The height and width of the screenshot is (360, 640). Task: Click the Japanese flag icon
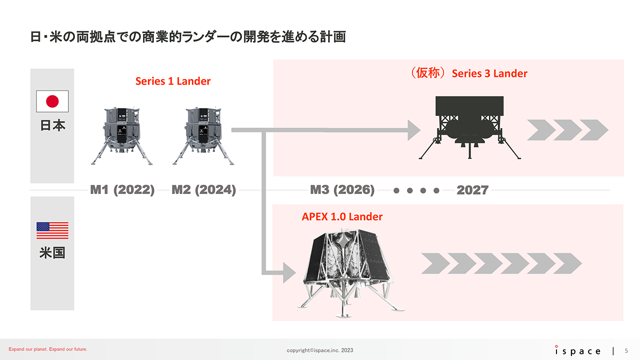[x=52, y=101]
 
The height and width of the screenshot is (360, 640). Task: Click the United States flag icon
[x=52, y=230]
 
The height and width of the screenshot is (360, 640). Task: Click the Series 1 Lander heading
[x=173, y=81]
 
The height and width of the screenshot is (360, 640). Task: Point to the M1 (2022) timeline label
[x=122, y=190]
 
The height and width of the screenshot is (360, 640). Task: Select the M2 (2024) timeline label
[x=203, y=190]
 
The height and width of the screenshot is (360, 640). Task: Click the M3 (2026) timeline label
[x=342, y=190]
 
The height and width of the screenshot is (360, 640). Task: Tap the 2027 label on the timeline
[x=472, y=190]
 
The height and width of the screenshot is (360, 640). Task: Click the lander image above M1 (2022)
[x=121, y=135]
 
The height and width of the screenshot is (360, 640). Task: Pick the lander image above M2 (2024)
[x=203, y=135]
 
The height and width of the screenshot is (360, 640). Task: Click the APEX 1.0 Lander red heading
[x=342, y=217]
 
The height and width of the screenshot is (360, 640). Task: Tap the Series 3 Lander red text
[x=489, y=73]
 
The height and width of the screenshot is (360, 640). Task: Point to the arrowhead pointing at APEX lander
[x=289, y=273]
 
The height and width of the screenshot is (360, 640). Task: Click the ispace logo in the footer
[x=577, y=350]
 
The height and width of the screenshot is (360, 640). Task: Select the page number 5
[x=627, y=350]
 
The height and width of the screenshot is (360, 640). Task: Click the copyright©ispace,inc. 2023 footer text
[x=320, y=350]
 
